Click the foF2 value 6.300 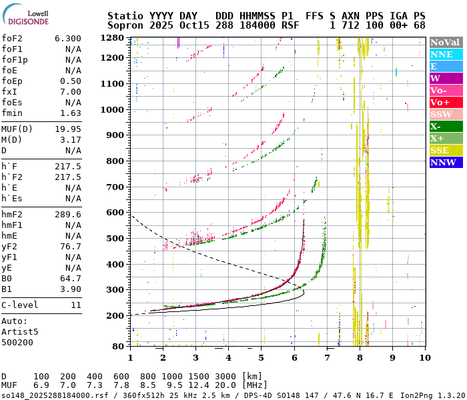(x=68, y=39)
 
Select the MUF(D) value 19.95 (x=68, y=129)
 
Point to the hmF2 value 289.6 (x=68, y=215)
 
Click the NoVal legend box (x=446, y=42)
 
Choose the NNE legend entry (x=446, y=54)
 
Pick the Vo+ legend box (x=446, y=102)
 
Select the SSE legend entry (x=446, y=150)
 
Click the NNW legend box (x=446, y=162)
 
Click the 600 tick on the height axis (x=117, y=213)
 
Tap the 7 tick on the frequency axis (x=327, y=358)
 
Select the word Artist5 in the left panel (x=20, y=331)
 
